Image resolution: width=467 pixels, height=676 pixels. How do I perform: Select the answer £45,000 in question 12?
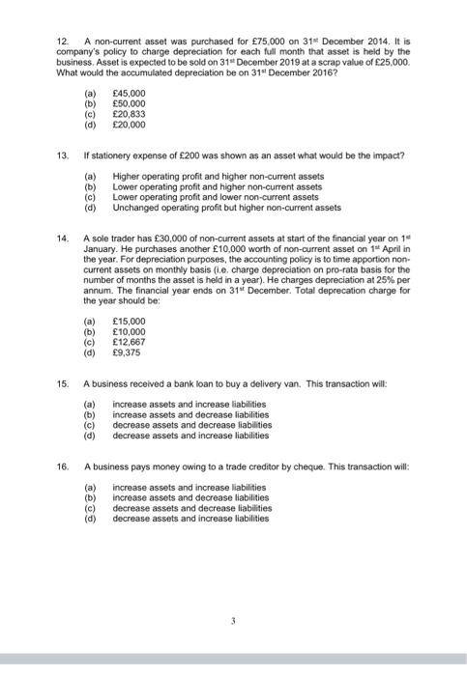129,95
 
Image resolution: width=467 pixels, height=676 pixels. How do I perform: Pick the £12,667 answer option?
129,339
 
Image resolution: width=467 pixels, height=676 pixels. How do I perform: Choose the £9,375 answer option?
127,349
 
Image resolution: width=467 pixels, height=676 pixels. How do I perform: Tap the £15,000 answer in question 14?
129,320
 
